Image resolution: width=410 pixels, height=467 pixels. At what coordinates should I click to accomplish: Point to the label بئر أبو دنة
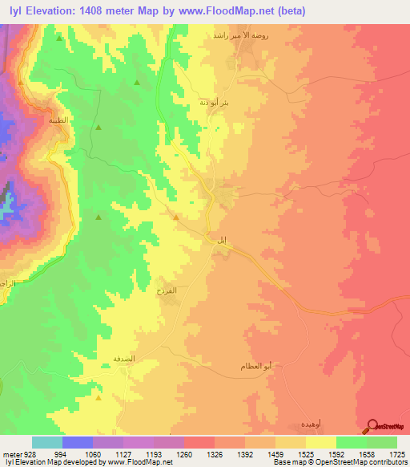pyautogui.click(x=215, y=102)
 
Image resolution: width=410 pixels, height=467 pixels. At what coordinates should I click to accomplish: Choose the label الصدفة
pyautogui.click(x=111, y=361)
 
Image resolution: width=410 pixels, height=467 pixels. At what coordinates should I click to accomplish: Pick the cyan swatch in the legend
pyautogui.click(x=47, y=442)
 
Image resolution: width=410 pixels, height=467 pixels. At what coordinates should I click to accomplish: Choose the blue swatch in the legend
pyautogui.click(x=78, y=442)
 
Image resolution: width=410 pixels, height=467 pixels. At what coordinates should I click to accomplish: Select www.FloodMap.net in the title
pyautogui.click(x=229, y=11)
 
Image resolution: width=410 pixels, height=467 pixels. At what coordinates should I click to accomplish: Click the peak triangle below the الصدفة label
pyautogui.click(x=98, y=396)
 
